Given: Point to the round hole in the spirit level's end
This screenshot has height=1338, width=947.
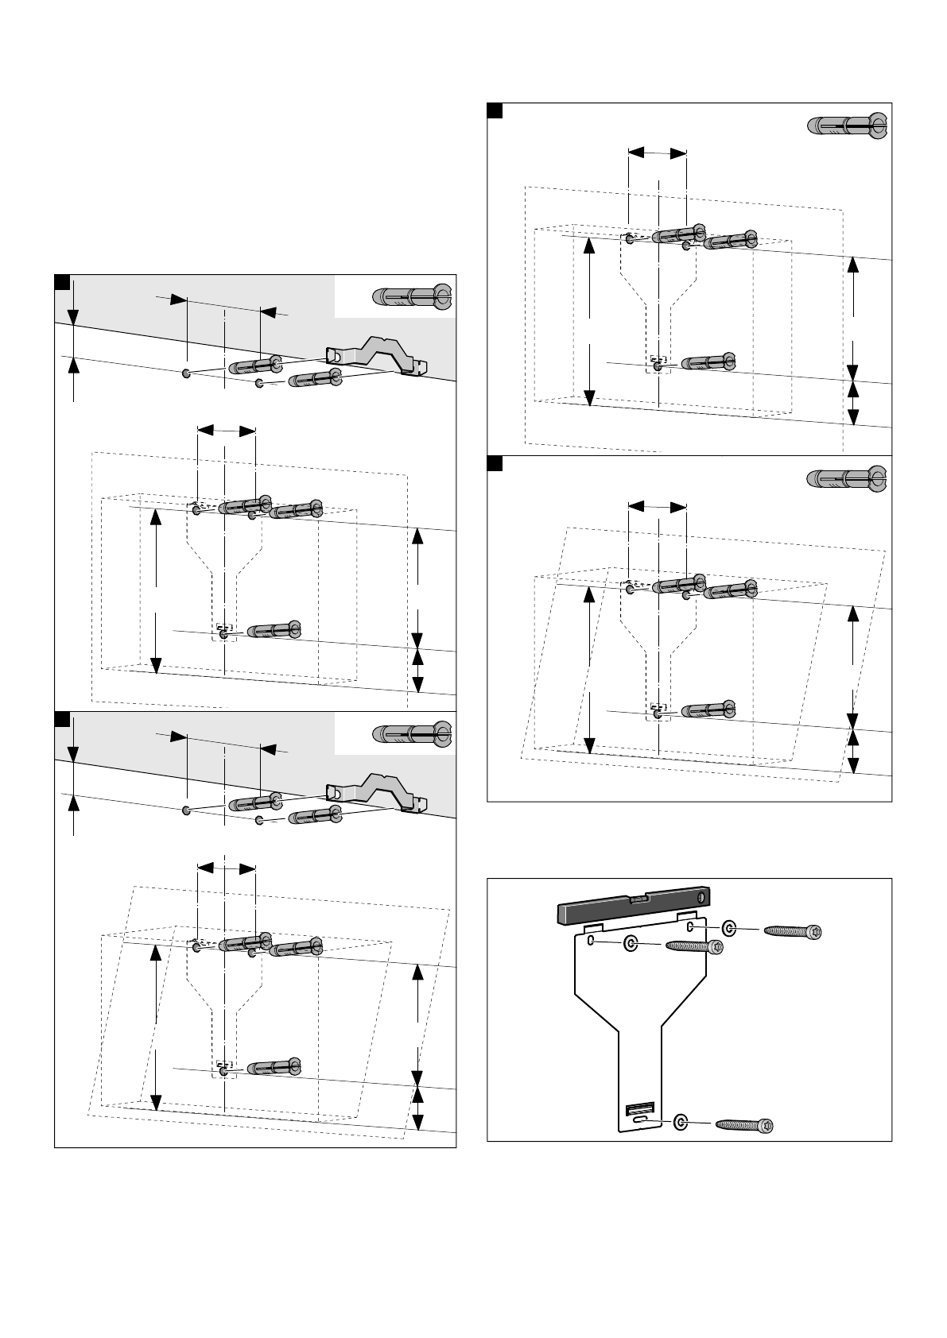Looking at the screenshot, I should tap(702, 898).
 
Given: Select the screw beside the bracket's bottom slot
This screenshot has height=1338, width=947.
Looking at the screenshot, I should tap(744, 1124).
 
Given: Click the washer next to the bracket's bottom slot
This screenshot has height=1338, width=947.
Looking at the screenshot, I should tap(681, 1122).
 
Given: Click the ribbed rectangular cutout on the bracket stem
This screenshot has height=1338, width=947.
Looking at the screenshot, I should tap(640, 1108).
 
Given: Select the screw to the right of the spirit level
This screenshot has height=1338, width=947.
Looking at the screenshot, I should tap(792, 930).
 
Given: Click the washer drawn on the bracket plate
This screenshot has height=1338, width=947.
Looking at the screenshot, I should tap(631, 943).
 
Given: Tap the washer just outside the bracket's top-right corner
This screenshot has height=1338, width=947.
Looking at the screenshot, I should tap(730, 927).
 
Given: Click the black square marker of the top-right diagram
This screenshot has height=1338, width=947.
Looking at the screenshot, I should tap(495, 110).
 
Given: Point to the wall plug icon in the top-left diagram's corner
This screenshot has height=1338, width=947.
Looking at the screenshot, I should tap(411, 296).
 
